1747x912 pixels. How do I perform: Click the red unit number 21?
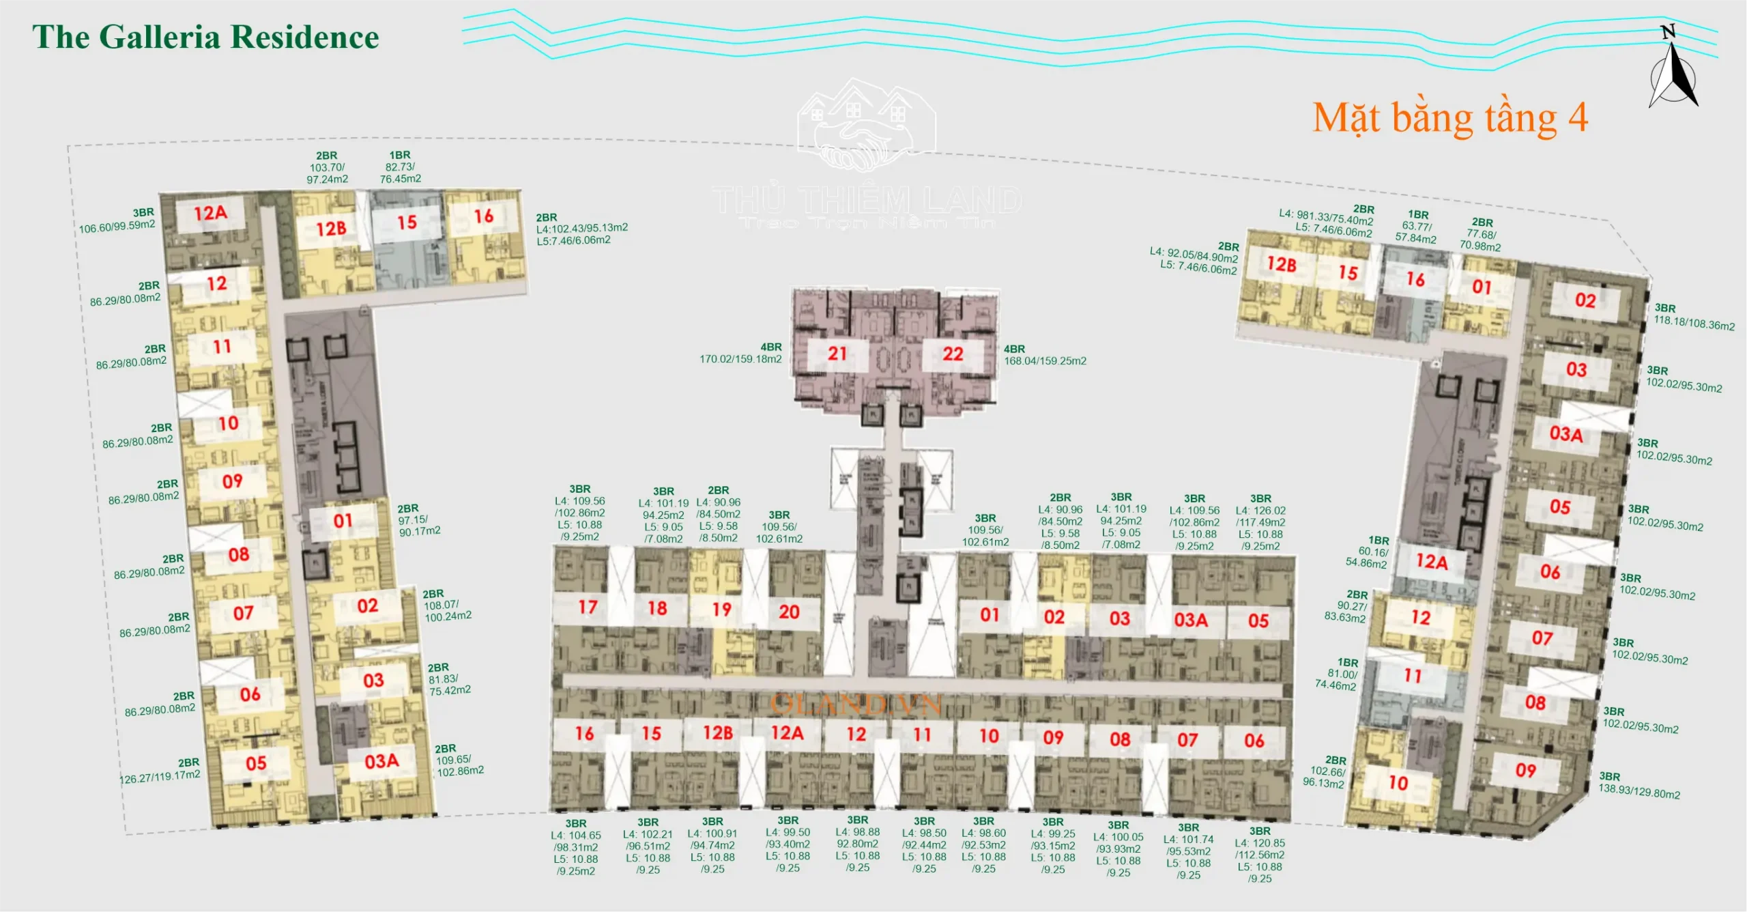tap(837, 354)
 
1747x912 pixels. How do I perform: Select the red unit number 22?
tap(953, 354)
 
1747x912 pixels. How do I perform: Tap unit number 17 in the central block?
tap(588, 607)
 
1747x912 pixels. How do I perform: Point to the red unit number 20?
tap(789, 612)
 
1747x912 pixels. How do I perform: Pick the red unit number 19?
tap(721, 610)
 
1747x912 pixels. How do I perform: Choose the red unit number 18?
tap(657, 608)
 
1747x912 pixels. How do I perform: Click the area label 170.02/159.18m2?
tap(740, 359)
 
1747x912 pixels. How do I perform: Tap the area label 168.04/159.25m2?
tap(1045, 360)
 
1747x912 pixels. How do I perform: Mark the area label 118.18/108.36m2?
tap(1694, 323)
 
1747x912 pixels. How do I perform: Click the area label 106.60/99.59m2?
tap(117, 226)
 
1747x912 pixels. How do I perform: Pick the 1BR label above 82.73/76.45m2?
tap(400, 155)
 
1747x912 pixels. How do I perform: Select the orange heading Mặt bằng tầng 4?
tap(1450, 118)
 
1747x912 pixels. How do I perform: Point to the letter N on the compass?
tap(1668, 31)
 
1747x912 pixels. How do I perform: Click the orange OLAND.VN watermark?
tap(856, 704)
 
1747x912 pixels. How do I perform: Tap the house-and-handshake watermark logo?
tap(866, 125)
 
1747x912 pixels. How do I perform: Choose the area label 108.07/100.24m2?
tap(448, 611)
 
